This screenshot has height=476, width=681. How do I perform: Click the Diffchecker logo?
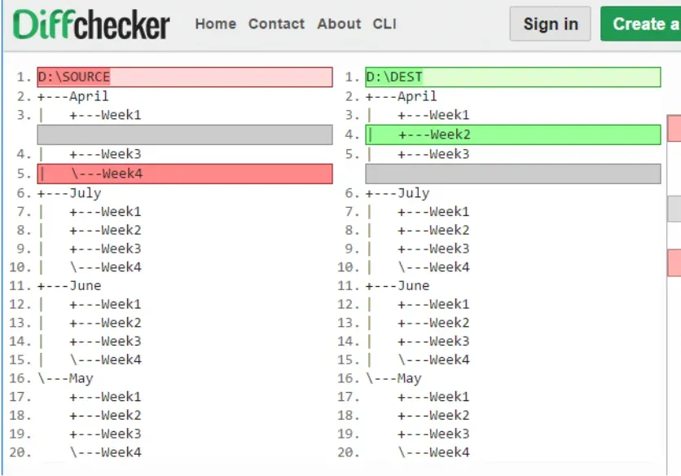[91, 24]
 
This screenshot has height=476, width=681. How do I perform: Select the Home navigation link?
[215, 24]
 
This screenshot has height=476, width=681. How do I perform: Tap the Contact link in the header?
[276, 24]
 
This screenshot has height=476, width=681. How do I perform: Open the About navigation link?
[339, 24]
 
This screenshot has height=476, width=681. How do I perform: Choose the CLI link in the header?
[384, 24]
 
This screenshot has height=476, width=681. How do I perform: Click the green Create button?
[640, 24]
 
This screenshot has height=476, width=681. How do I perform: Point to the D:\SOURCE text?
[74, 77]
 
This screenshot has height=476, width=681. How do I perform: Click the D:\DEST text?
[394, 77]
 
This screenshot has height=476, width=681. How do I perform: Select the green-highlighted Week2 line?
[513, 134]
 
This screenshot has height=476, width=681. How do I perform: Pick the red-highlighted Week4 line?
[185, 174]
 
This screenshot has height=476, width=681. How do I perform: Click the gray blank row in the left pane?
[185, 134]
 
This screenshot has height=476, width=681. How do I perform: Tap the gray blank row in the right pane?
[513, 174]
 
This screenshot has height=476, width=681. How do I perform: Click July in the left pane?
[85, 193]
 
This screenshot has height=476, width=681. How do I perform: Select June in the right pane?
[414, 285]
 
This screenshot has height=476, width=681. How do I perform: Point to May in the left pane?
[81, 379]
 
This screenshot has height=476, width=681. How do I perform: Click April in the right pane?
[417, 96]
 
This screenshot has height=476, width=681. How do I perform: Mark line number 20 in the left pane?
[20, 452]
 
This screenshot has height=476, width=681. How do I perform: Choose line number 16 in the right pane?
[349, 379]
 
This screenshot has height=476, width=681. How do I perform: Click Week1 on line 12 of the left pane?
[121, 304]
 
